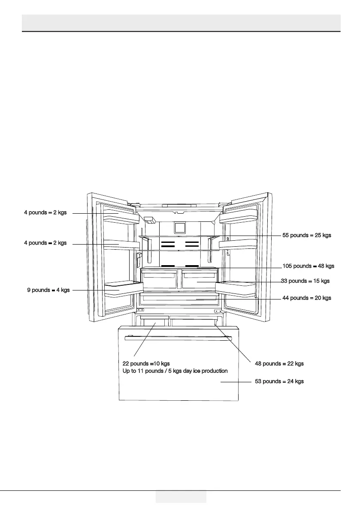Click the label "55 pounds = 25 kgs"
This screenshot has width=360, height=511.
point(307,235)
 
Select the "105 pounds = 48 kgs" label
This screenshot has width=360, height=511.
point(308,266)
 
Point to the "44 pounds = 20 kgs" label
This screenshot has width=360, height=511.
point(307,298)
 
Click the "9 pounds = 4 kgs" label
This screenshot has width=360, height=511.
point(48,290)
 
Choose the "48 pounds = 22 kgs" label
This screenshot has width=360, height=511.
point(279,363)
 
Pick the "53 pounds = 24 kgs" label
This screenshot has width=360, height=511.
point(279,381)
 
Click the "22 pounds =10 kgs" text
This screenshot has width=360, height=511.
point(146,363)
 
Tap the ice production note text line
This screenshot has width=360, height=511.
point(175,371)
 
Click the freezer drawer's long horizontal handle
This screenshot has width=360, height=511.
point(178,339)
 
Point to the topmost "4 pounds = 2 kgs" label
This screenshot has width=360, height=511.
point(45,212)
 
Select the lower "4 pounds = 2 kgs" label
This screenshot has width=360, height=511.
point(45,243)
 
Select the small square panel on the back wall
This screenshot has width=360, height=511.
point(179,227)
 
